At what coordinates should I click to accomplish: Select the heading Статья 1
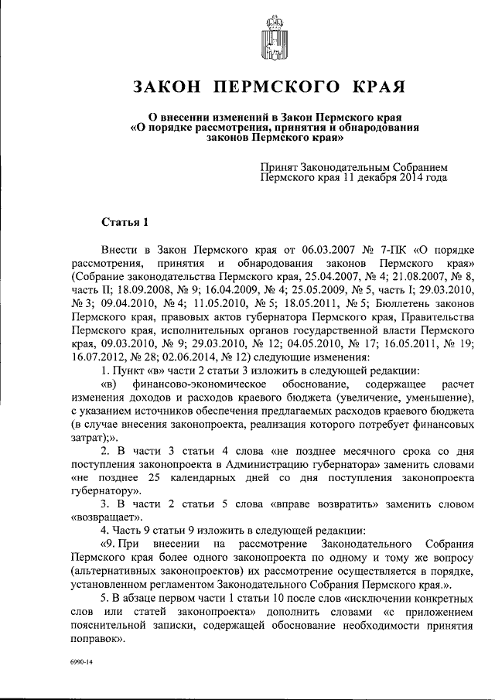[125, 224]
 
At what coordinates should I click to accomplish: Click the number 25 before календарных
[153, 477]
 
